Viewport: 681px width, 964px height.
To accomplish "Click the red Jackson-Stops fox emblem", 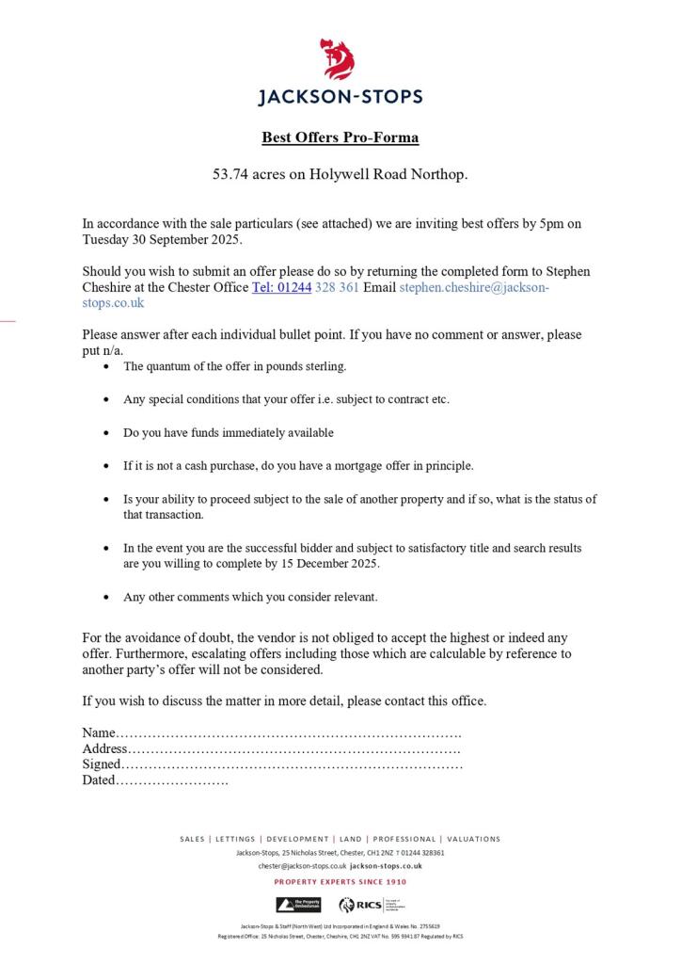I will [340, 59].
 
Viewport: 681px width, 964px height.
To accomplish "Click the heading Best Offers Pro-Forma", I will [340, 137].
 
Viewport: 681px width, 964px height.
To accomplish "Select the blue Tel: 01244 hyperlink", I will [281, 287].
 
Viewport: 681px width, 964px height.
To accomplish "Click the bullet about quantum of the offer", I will [235, 365].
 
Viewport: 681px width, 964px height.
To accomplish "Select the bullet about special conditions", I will [286, 399].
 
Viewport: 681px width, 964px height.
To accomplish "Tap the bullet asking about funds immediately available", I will [229, 432].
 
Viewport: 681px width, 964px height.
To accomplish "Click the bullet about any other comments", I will [249, 597].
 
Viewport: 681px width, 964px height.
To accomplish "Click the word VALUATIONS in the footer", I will [473, 839].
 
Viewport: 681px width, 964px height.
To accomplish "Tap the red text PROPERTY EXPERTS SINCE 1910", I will [340, 882].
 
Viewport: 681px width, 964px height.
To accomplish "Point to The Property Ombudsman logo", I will [298, 905].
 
